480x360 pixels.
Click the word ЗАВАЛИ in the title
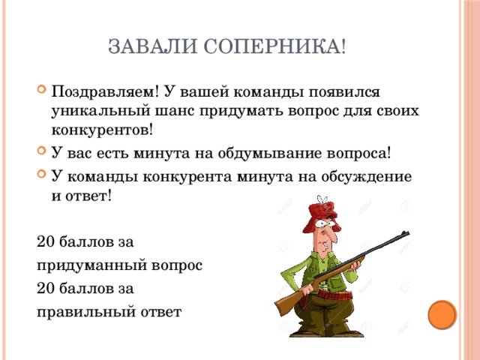tap(152, 46)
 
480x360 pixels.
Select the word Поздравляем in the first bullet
tap(105, 91)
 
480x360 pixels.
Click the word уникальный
tap(100, 111)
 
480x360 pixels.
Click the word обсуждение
tap(366, 177)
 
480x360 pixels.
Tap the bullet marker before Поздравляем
tap(41, 90)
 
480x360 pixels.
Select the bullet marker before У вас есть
tap(41, 151)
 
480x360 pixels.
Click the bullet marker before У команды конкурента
tap(41, 174)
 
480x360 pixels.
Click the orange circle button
tap(442, 315)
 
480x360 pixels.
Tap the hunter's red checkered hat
tap(322, 214)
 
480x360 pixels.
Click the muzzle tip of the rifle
tap(408, 233)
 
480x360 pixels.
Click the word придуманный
tap(91, 265)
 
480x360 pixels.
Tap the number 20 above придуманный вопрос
tap(46, 241)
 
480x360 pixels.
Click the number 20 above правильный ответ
tap(46, 288)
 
